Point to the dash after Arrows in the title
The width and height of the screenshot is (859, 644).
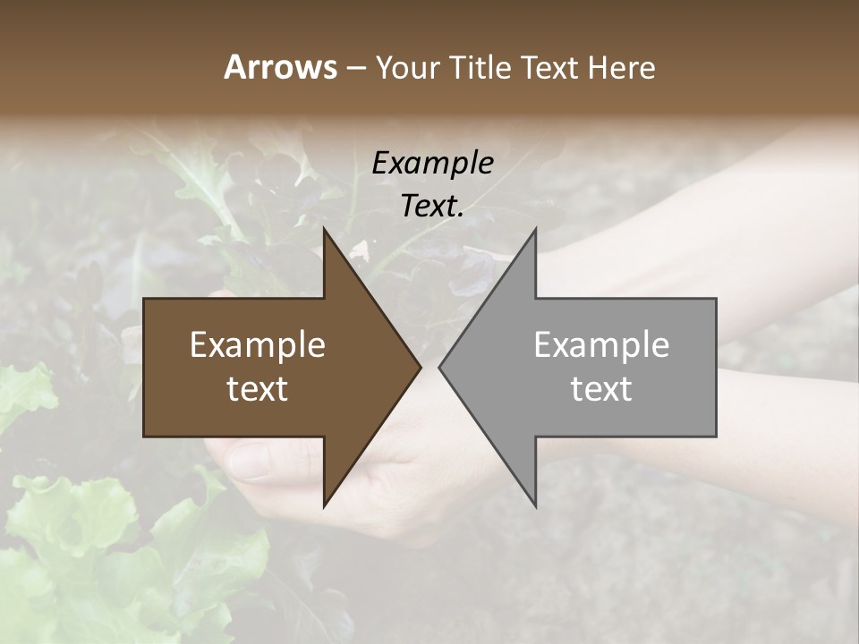[356, 69]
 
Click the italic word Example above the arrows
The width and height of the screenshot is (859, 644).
[432, 163]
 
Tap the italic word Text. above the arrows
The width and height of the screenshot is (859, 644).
[432, 206]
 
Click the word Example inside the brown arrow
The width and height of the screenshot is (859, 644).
[258, 345]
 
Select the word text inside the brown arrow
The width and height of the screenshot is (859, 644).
[258, 389]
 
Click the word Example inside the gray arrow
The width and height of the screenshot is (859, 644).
[601, 345]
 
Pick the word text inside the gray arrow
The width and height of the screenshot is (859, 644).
[601, 389]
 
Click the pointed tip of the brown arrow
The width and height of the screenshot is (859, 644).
[421, 367]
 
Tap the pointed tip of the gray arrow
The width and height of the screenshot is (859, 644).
[439, 367]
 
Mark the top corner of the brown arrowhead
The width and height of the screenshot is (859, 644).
[324, 229]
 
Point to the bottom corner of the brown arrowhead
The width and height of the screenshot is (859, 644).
[324, 506]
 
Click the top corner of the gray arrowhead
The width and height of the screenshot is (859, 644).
[535, 229]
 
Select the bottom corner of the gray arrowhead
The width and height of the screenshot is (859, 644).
[535, 506]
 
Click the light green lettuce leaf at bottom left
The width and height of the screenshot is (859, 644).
[72, 528]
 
